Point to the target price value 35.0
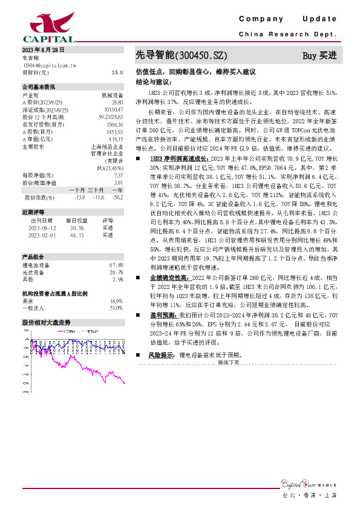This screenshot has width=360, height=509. (x=117, y=72)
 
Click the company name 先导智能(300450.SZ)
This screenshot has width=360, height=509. (x=180, y=56)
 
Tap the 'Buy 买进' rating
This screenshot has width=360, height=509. (x=319, y=56)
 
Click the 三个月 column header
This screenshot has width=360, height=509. (x=96, y=190)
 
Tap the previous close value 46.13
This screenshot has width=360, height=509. (x=77, y=235)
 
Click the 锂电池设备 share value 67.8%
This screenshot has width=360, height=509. (x=116, y=265)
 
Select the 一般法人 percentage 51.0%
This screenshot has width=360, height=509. (x=116, y=308)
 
